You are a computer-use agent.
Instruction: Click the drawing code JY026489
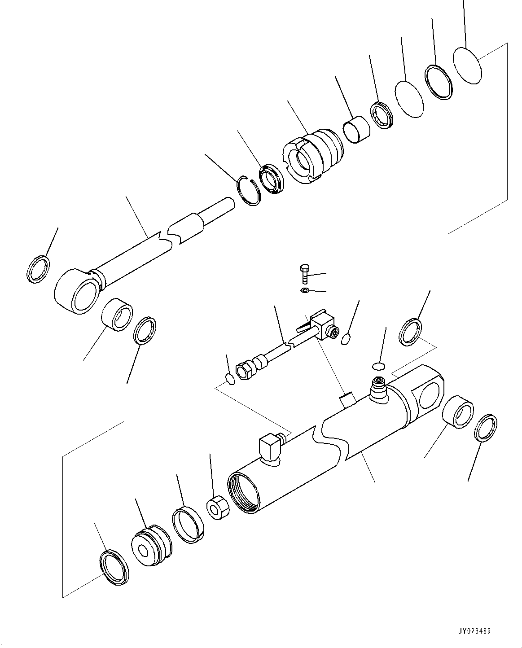click(x=475, y=631)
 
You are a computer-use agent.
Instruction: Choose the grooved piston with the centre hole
click(x=151, y=543)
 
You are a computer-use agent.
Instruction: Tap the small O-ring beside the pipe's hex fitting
click(x=230, y=379)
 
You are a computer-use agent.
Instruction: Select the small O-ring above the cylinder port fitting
click(x=379, y=366)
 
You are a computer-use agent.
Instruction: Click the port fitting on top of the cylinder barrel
click(x=377, y=387)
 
